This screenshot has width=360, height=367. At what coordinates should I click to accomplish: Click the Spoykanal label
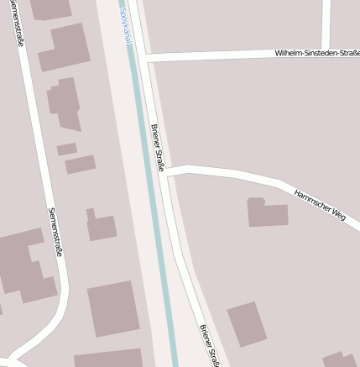(125, 25)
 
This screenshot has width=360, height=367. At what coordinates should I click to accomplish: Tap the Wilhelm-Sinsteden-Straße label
(316, 53)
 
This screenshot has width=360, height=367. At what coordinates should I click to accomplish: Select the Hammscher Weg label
(320, 204)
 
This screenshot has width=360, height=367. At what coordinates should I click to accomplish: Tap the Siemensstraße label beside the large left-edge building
(55, 231)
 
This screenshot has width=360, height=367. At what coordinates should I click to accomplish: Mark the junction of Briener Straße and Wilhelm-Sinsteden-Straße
(144, 59)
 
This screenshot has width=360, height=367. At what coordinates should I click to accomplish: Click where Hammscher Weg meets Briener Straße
(166, 173)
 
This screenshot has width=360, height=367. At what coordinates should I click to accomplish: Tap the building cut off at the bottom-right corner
(340, 360)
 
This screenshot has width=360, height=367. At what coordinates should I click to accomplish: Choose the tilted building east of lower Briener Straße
(247, 324)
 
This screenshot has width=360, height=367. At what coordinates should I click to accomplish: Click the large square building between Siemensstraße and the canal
(113, 309)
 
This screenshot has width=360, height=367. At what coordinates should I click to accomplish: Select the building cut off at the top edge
(50, 8)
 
